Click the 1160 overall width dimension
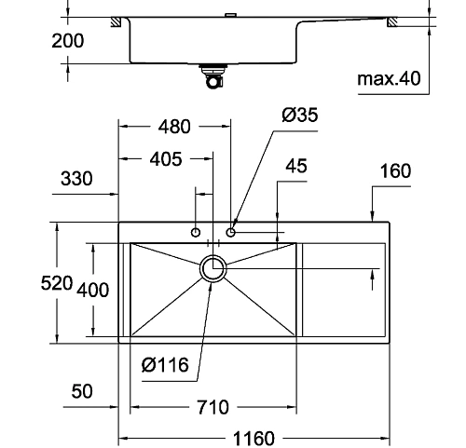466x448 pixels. pos(254,438)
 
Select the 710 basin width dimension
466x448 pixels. pos(213,407)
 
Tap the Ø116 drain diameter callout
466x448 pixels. pos(165,365)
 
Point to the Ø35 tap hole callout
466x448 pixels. pos(300,115)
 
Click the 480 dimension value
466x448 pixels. pos(174,127)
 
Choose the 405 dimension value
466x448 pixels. pos(166,159)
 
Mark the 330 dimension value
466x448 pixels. pos(76,179)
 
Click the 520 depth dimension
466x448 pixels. pos(57,283)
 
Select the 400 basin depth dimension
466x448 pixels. pos(93,290)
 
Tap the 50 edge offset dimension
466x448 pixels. pos(82,391)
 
